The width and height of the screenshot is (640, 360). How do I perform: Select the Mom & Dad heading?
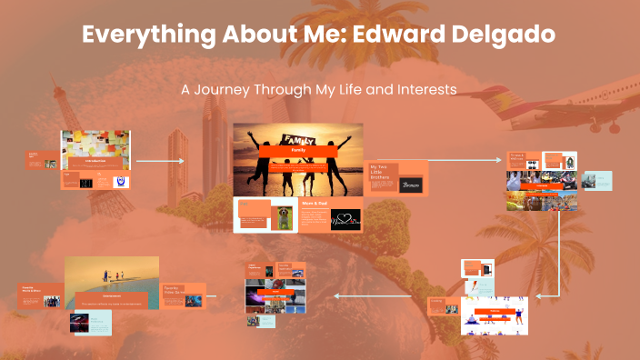[x=313, y=205]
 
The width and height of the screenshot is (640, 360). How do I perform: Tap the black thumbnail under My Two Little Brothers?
[x=411, y=185]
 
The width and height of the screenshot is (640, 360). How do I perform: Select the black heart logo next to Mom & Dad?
[x=345, y=219]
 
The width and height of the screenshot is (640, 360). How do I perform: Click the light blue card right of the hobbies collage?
[x=597, y=180]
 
